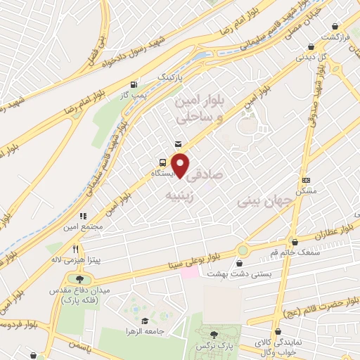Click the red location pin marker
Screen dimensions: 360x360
click(x=181, y=165)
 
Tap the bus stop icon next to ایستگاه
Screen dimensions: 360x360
click(x=162, y=160)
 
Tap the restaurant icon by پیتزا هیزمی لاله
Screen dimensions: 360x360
click(x=76, y=248)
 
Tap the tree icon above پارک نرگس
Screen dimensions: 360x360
click(x=214, y=334)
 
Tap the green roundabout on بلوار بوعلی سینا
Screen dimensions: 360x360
click(x=243, y=250)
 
